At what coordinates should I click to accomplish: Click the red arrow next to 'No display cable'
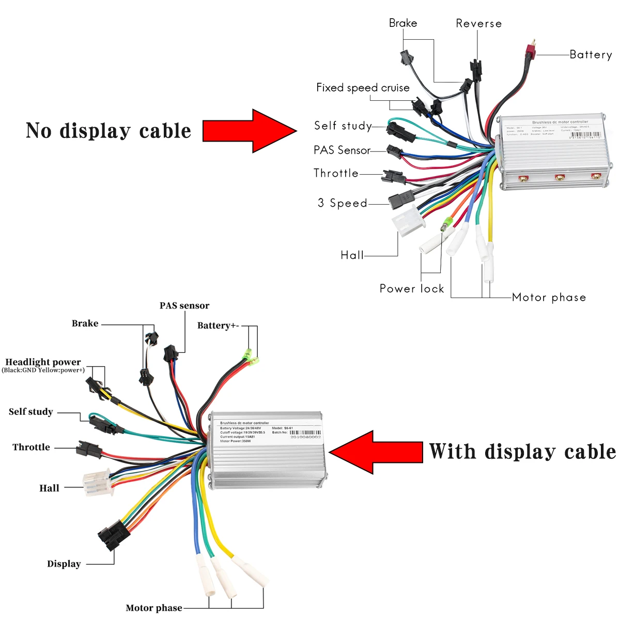(248, 131)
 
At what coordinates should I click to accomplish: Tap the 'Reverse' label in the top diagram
(478, 24)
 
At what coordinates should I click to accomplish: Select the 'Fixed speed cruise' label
(363, 88)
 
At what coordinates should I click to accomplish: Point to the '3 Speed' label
(342, 203)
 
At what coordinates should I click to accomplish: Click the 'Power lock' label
(412, 289)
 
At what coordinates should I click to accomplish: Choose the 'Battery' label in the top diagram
(591, 55)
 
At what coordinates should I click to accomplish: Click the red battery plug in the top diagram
(530, 51)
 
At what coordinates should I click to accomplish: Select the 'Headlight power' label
(43, 362)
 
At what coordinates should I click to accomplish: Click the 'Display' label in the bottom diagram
(64, 564)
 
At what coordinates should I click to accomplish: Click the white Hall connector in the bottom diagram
(97, 482)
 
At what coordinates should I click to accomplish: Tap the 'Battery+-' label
(218, 326)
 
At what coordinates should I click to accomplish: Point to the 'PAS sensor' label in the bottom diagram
(184, 306)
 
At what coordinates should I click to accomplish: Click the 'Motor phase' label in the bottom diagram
(154, 608)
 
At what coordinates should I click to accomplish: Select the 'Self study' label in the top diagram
(343, 126)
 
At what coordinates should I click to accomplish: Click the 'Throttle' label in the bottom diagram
(31, 447)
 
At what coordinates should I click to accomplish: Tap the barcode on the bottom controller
(305, 432)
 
